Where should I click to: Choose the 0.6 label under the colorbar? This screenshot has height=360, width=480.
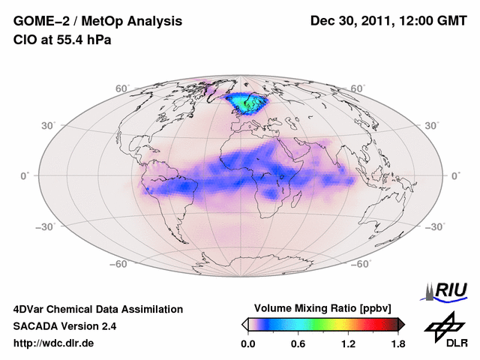click(x=298, y=344)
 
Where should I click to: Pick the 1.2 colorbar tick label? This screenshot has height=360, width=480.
click(x=348, y=344)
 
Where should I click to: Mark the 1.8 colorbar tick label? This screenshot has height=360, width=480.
click(x=397, y=344)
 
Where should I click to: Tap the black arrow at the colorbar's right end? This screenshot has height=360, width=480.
click(x=401, y=324)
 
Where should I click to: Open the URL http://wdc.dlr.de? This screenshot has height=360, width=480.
click(x=54, y=343)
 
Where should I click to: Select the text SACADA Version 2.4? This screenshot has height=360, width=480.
click(x=64, y=326)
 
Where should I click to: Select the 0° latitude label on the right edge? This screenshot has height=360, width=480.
click(x=455, y=175)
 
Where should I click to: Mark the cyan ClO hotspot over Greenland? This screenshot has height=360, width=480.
click(x=247, y=101)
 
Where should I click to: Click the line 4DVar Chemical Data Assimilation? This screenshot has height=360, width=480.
click(x=97, y=309)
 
